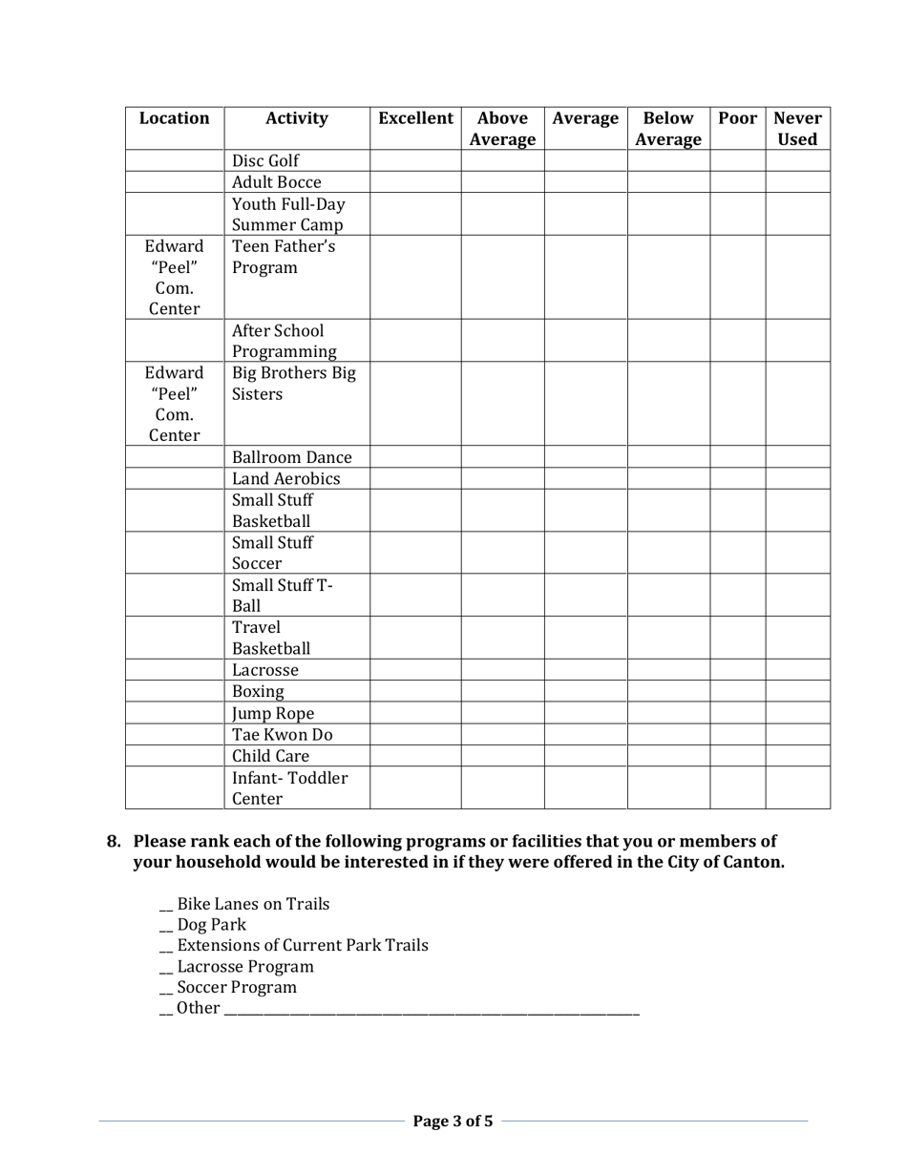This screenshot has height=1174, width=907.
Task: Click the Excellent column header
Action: tap(415, 119)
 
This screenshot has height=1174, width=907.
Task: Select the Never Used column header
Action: tap(797, 129)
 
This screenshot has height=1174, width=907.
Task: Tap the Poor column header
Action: tap(737, 119)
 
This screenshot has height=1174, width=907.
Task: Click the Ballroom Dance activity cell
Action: tap(291, 457)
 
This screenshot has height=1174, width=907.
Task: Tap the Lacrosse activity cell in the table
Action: tap(265, 669)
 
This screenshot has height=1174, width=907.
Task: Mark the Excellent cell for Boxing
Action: tap(415, 691)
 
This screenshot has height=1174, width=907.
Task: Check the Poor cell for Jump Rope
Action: tap(737, 713)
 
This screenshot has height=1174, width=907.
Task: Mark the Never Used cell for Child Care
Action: tap(797, 756)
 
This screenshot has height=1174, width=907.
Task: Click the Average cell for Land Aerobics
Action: tap(585, 479)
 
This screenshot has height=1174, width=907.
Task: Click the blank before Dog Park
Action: tap(166, 925)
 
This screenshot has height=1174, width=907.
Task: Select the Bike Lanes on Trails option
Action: tap(253, 903)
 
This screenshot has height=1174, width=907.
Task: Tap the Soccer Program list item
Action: tap(237, 987)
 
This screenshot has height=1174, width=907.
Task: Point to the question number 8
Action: tap(114, 841)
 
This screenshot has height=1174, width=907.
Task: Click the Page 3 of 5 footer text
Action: tap(453, 1121)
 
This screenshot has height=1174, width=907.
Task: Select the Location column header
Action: tap(175, 119)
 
